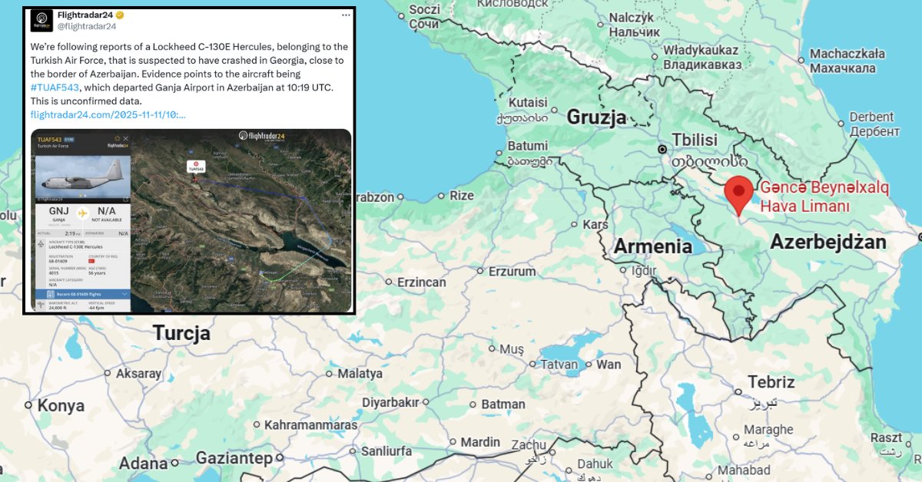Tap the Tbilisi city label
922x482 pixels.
click(x=694, y=140)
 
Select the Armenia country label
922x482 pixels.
click(x=652, y=246)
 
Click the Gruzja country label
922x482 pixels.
click(x=596, y=117)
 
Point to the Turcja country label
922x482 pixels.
click(x=181, y=333)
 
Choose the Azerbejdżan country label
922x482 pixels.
click(x=828, y=243)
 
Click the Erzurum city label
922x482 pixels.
click(x=512, y=271)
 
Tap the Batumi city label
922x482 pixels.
click(x=527, y=146)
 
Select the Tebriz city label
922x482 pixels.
click(x=771, y=381)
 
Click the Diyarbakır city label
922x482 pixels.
click(x=390, y=402)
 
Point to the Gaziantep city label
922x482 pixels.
click(x=234, y=458)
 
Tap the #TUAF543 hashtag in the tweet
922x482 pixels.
click(x=55, y=87)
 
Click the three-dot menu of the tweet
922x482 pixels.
click(x=346, y=15)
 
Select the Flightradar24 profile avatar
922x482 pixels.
click(x=41, y=19)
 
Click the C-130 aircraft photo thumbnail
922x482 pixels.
click(x=80, y=177)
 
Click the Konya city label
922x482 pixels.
click(x=61, y=406)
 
